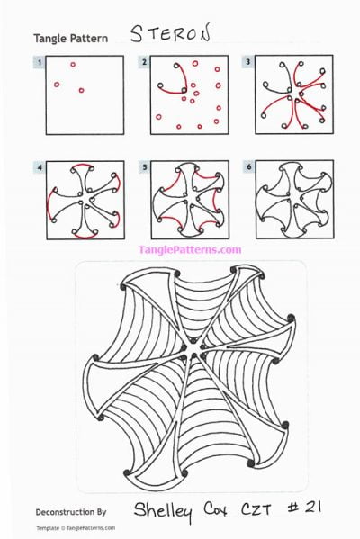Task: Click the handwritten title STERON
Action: (x=170, y=35)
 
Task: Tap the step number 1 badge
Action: (x=40, y=61)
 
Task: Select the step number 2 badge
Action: (x=144, y=61)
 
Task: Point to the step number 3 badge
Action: (x=248, y=61)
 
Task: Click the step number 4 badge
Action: (x=40, y=166)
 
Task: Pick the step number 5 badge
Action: (x=144, y=166)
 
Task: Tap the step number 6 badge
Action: (x=248, y=166)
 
